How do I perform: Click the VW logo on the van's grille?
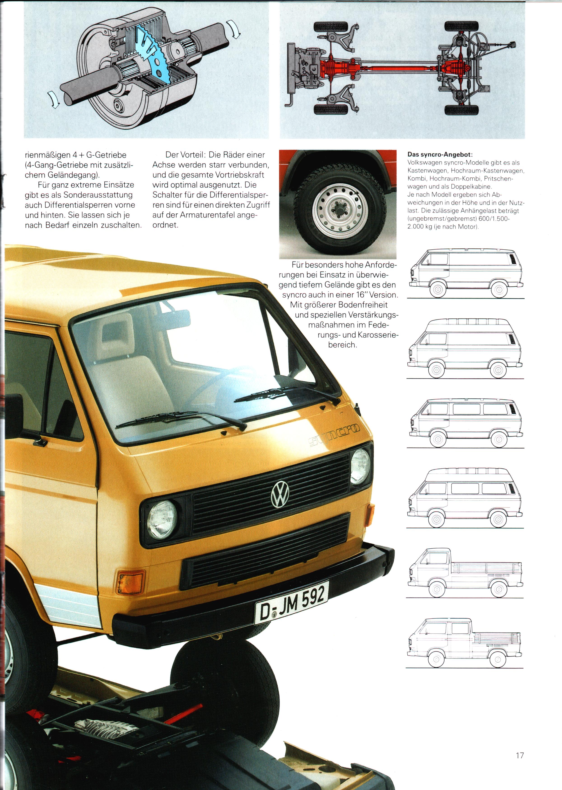tap(280, 493)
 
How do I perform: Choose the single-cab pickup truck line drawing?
tap(465, 573)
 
